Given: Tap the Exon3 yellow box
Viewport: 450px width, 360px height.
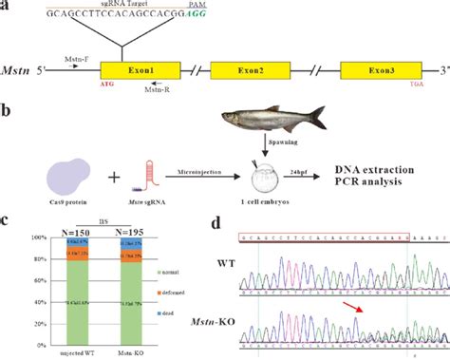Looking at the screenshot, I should [375, 71].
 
